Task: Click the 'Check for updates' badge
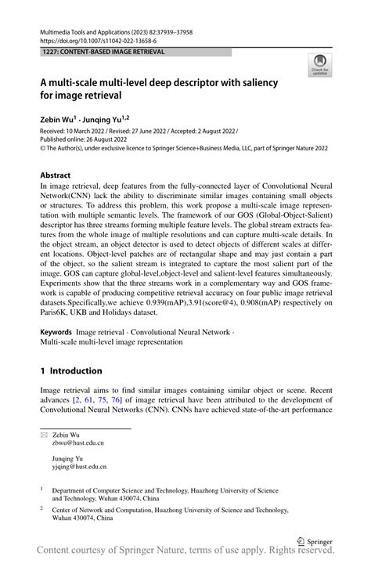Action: (x=319, y=65)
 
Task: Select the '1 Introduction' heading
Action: (x=71, y=370)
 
